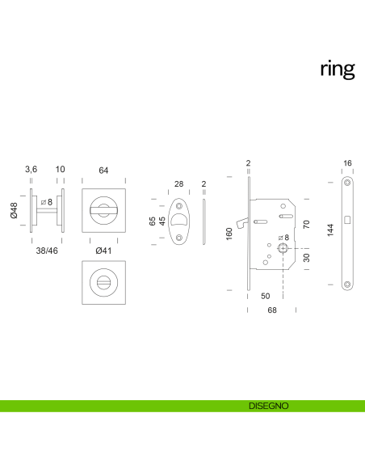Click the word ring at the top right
(x=337, y=70)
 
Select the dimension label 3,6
(x=31, y=170)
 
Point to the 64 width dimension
(x=103, y=170)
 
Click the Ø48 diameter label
(x=14, y=212)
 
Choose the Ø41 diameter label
(x=103, y=251)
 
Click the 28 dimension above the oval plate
(x=178, y=184)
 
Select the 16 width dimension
(x=347, y=164)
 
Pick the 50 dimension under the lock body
(x=266, y=297)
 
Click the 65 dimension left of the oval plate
(x=153, y=220)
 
